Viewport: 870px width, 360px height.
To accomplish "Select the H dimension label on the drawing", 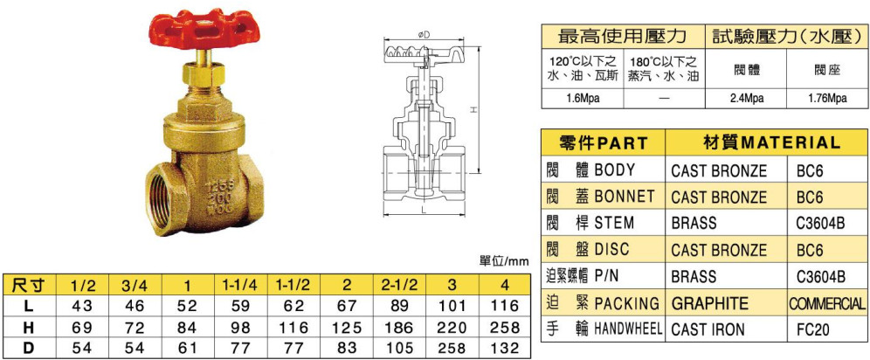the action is point(473,110).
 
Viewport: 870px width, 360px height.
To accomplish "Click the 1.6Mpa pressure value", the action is point(582,99).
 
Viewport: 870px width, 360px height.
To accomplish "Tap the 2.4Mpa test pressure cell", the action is point(746,99).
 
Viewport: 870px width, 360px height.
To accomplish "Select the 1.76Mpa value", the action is point(826,99).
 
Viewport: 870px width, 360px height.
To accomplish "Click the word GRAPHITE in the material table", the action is point(709,303).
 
